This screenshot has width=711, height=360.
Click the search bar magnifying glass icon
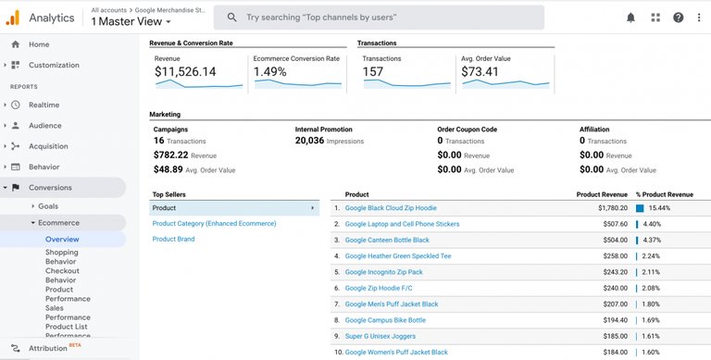pos(231,17)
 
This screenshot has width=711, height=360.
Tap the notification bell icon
pos(630,18)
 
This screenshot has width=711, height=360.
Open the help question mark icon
pos(679,18)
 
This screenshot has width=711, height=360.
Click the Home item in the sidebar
pos(39,44)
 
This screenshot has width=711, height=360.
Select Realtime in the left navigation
pos(44,106)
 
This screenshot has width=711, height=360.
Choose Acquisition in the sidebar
pos(48,146)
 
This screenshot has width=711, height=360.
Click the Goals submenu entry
pos(48,205)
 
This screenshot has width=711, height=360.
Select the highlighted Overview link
pos(62,239)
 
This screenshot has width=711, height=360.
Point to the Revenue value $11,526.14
pos(185,71)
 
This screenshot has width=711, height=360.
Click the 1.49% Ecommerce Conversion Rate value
pos(271,71)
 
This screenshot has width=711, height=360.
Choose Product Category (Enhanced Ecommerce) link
pos(214,223)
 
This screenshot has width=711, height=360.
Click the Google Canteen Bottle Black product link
pos(387,240)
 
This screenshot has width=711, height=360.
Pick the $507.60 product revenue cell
pos(612,224)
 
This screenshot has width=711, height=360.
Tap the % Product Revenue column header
pos(664,194)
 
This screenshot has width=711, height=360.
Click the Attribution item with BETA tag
pos(48,348)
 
